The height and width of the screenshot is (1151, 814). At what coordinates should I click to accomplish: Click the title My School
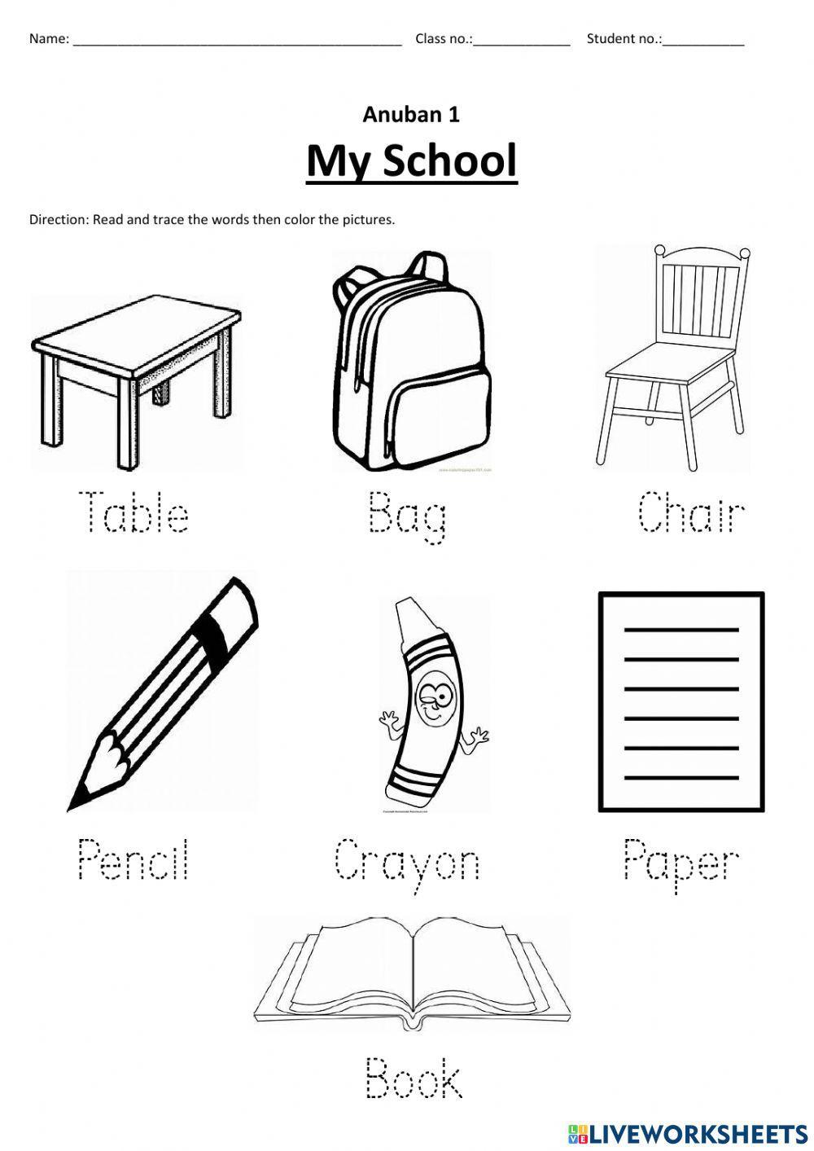pyautogui.click(x=411, y=160)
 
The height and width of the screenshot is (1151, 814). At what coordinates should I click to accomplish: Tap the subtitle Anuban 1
pyautogui.click(x=411, y=115)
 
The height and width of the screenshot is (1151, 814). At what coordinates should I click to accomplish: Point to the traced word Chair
pyautogui.click(x=691, y=512)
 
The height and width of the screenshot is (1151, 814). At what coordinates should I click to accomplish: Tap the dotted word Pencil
pyautogui.click(x=133, y=859)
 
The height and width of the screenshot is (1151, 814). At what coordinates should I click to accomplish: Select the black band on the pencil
pyautogui.click(x=213, y=633)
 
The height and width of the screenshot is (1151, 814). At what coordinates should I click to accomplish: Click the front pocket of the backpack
pyautogui.click(x=440, y=424)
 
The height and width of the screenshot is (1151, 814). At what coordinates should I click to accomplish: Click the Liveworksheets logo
pyautogui.click(x=687, y=1133)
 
